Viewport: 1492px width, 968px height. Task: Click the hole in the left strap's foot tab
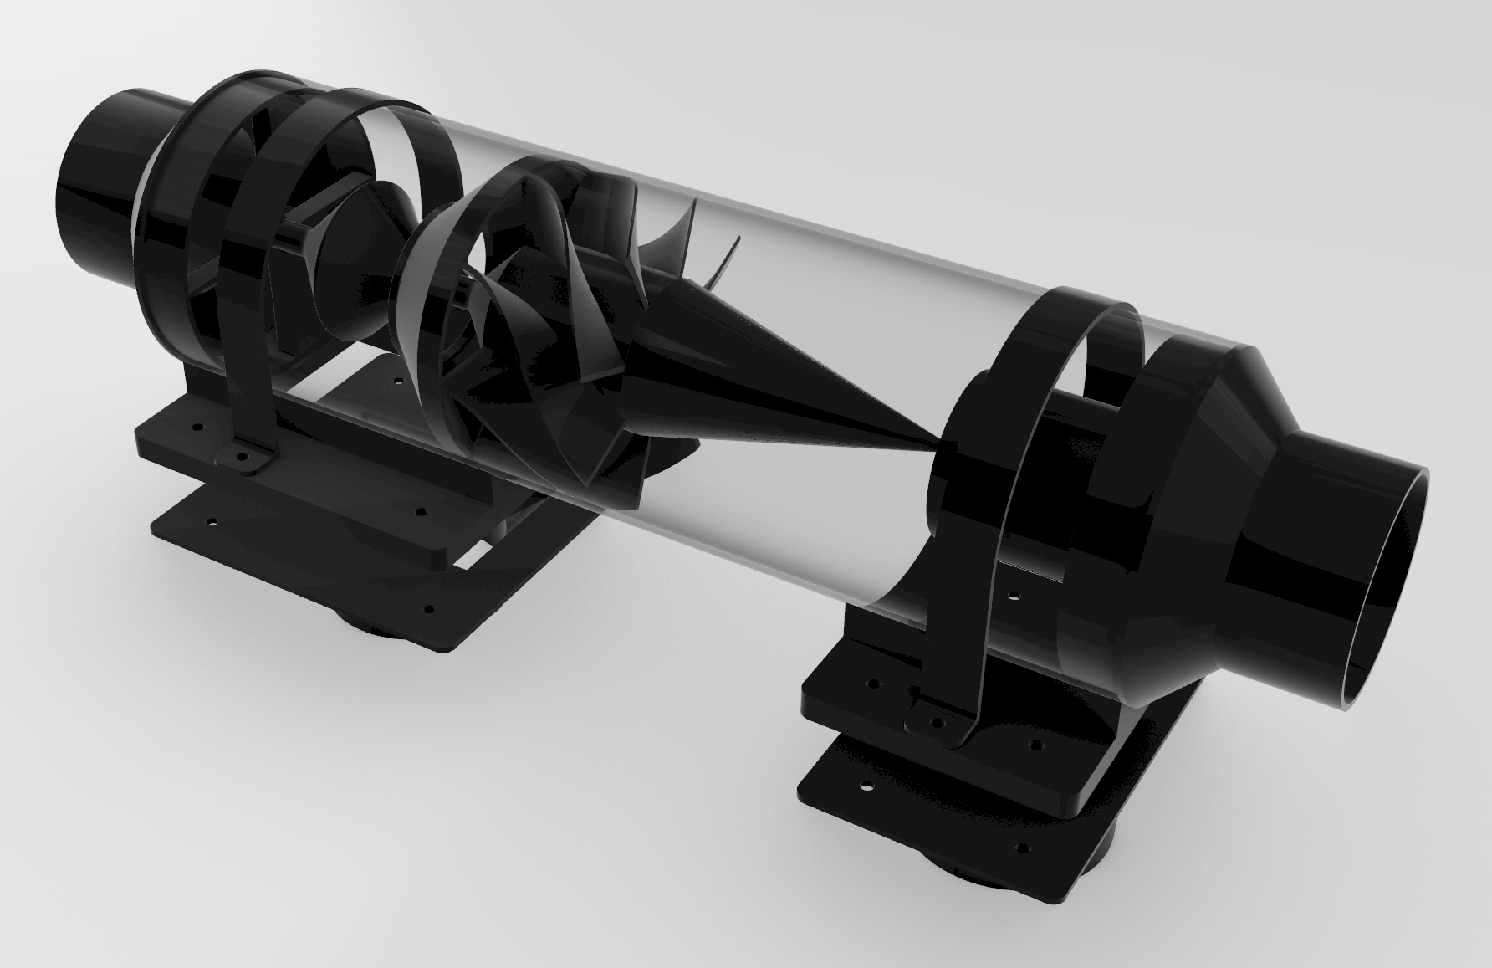(x=243, y=458)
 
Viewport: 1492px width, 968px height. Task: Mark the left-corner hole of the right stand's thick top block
(x=874, y=684)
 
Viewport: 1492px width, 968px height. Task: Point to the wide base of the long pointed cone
(x=661, y=351)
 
